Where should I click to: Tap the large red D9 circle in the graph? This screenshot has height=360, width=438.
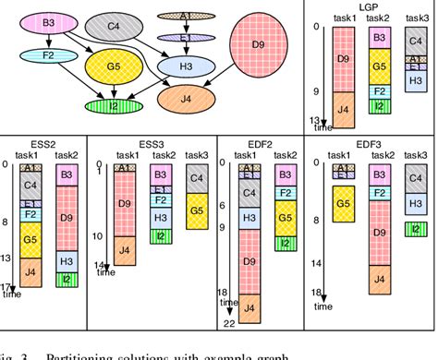(x=260, y=44)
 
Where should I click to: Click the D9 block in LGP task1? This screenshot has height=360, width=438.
(x=343, y=63)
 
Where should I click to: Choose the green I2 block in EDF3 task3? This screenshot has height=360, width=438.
(x=419, y=229)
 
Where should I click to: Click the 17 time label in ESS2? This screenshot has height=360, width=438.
(x=8, y=287)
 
